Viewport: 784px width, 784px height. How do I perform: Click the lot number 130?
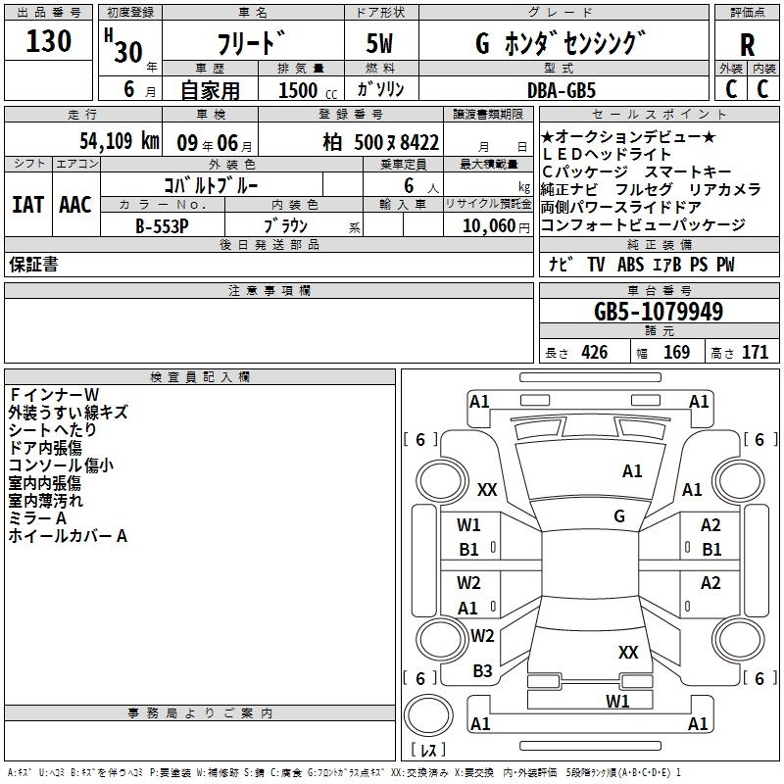point(49,41)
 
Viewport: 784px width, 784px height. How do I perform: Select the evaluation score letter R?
point(747,46)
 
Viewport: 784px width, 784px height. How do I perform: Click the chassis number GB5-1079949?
point(659,312)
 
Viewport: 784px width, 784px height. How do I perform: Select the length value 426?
point(594,353)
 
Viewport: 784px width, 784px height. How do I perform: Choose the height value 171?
point(755,353)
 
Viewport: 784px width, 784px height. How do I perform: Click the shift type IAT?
point(27,204)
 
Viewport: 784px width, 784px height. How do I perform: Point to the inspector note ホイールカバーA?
point(68,536)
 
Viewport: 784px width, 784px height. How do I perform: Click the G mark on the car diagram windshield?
point(619,516)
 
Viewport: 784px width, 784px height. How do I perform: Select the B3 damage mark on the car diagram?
point(482,671)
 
